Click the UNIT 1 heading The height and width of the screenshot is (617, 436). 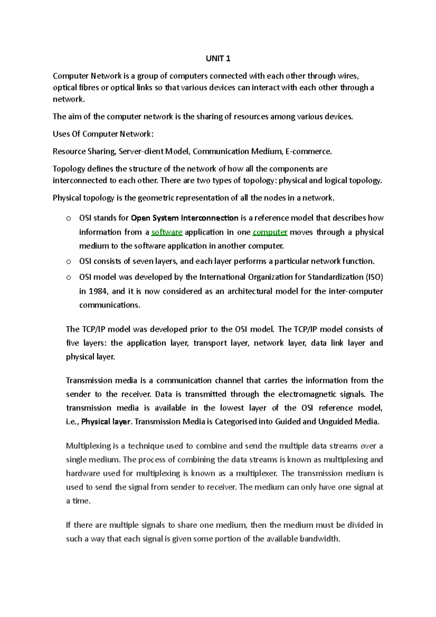pyautogui.click(x=218, y=59)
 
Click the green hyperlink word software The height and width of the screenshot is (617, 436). pyautogui.click(x=167, y=232)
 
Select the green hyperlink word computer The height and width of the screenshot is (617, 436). pyautogui.click(x=270, y=232)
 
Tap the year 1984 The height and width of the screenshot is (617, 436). pyautogui.click(x=98, y=291)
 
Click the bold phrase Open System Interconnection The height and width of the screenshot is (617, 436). pyautogui.click(x=184, y=218)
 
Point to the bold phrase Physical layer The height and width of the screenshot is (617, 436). pyautogui.click(x=106, y=422)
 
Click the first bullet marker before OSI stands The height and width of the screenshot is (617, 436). pyautogui.click(x=68, y=218)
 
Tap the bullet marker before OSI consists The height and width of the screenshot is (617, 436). pyautogui.click(x=68, y=262)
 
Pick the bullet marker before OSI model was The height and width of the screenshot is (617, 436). pyautogui.click(x=68, y=278)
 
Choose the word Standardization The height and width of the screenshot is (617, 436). pyautogui.click(x=335, y=277)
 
